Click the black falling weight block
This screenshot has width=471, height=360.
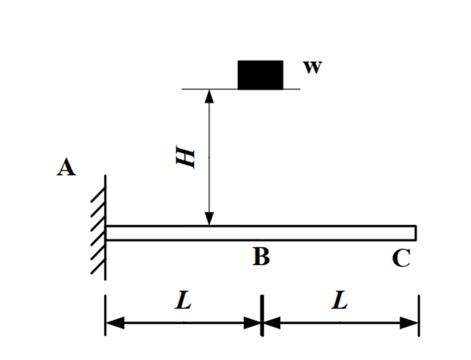click(260, 75)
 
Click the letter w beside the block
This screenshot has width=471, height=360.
click(313, 67)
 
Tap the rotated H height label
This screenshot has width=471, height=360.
click(185, 157)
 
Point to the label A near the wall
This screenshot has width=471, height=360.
click(66, 167)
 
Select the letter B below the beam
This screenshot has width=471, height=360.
click(262, 257)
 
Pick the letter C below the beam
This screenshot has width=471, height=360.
click(401, 258)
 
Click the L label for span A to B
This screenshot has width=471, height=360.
click(184, 300)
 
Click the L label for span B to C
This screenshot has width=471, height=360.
click(340, 300)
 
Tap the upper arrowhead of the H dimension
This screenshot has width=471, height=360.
click(209, 96)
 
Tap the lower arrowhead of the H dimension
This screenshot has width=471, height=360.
click(209, 219)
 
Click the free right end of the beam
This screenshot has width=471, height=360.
click(416, 233)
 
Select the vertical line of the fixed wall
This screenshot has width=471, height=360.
click(105, 227)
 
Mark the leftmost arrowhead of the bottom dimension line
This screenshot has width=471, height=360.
click(115, 322)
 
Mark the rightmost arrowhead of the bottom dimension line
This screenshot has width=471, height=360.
click(409, 322)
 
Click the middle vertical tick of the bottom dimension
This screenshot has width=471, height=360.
click(262, 316)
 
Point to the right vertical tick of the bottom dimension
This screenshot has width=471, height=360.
click(419, 316)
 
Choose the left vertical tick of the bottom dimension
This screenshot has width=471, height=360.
click(105, 315)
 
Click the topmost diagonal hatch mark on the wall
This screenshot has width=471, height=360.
click(98, 194)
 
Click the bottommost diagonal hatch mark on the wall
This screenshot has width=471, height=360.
click(98, 266)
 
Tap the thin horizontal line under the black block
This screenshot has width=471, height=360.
click(241, 89)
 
